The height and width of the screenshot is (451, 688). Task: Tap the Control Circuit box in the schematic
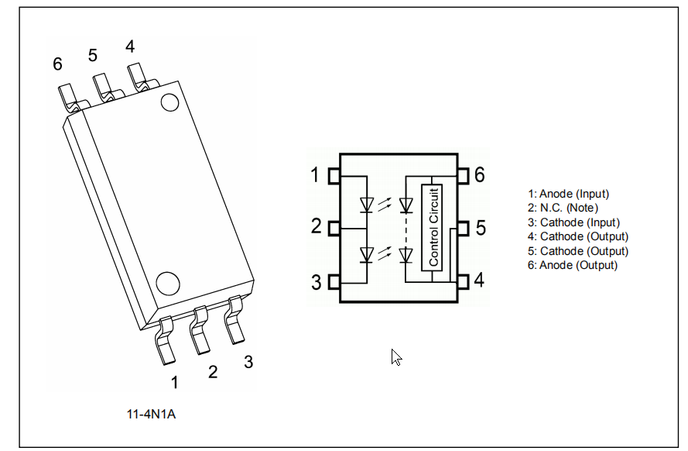pos(432,227)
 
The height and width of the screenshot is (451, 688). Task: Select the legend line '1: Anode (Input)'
pos(568,194)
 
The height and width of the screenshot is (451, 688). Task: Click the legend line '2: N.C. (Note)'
pos(563,208)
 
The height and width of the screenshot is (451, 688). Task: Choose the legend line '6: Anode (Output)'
pos(573,265)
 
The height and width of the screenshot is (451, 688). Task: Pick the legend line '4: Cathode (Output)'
pos(577,236)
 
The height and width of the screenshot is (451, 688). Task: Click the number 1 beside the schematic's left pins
pos(315,175)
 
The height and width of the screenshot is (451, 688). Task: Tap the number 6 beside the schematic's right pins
pos(479,175)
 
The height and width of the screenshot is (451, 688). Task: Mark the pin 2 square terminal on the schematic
pos(335,229)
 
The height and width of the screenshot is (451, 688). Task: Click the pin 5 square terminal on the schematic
pos(463,229)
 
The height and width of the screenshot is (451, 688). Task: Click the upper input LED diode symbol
pos(367,205)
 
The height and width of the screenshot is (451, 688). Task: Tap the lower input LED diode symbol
pos(367,253)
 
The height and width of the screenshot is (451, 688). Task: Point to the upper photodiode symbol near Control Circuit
pos(406,205)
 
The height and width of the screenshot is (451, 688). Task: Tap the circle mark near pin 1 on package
pos(166,282)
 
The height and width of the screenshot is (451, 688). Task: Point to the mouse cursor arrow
pos(395,356)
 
